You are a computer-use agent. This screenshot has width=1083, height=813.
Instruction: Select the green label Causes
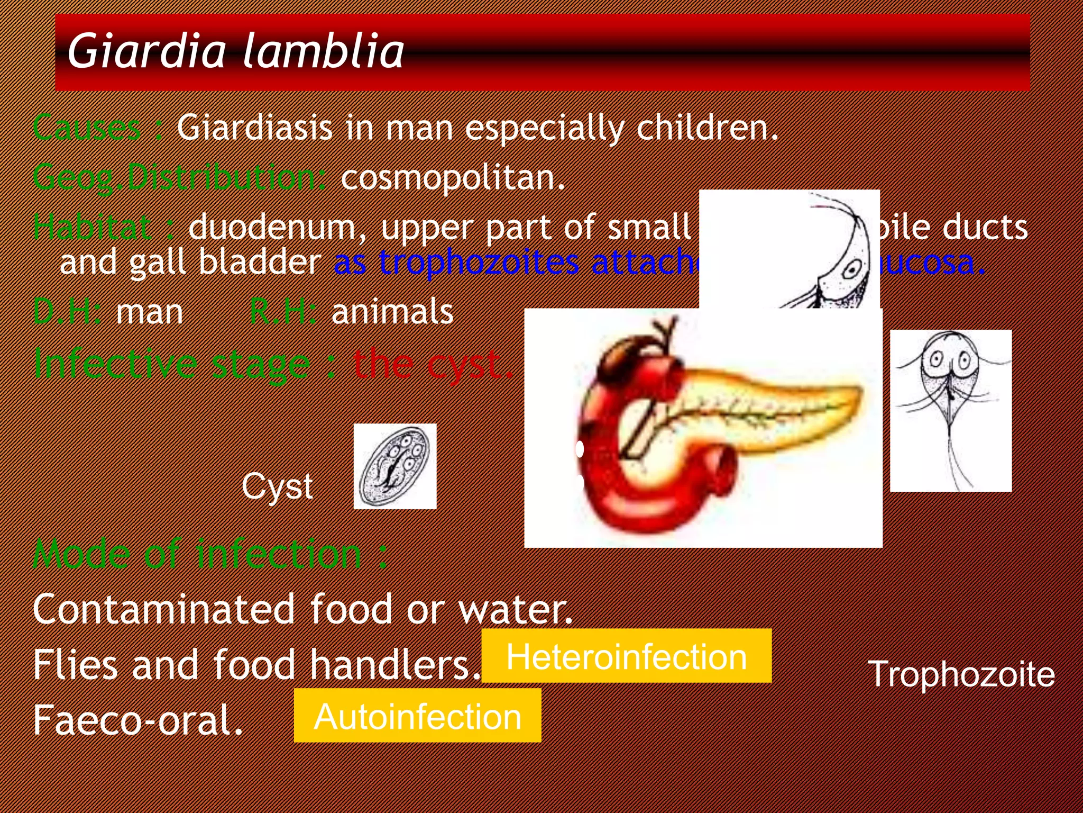coord(87,128)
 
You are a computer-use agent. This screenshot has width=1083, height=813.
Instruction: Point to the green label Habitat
coord(93,227)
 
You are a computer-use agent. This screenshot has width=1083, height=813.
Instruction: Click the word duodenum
coord(278,227)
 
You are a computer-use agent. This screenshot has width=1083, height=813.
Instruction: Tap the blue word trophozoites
coord(479,262)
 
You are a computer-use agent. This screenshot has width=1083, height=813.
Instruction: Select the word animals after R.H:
coord(392,311)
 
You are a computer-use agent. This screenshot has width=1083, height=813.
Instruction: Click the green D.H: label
coord(67,311)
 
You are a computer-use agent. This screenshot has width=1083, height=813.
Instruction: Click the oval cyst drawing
coord(394,466)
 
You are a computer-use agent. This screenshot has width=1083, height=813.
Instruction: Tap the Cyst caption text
coord(277,486)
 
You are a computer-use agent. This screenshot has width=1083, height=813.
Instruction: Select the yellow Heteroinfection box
coord(626,656)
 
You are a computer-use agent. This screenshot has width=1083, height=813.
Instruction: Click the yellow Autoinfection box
coord(417,716)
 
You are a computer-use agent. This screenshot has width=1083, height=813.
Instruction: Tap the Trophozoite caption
coord(961,674)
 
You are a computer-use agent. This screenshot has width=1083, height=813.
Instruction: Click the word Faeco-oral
coord(137,720)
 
